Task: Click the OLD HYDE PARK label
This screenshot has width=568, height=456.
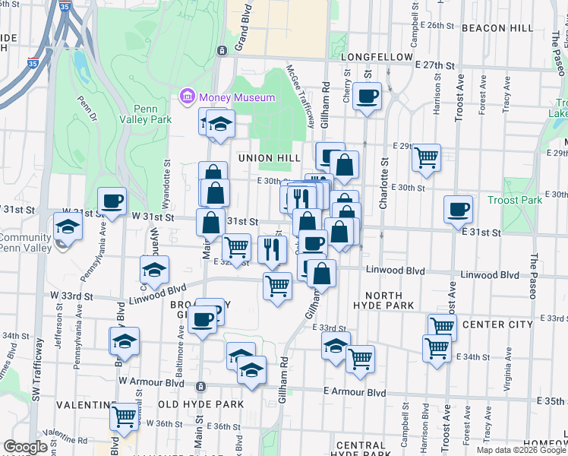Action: coord(200,404)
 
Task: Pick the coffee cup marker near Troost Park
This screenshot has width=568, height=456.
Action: coord(458,209)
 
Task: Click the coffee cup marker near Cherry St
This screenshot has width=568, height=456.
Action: coord(368,97)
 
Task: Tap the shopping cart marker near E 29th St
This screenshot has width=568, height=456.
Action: coord(427,157)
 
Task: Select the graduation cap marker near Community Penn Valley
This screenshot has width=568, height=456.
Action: coord(67,226)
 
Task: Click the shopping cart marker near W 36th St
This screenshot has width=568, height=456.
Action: coord(124,415)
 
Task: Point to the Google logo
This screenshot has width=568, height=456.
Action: coord(26,447)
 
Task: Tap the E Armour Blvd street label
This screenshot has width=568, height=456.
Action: coord(351,391)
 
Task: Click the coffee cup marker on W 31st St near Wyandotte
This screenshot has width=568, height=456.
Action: coord(112,201)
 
